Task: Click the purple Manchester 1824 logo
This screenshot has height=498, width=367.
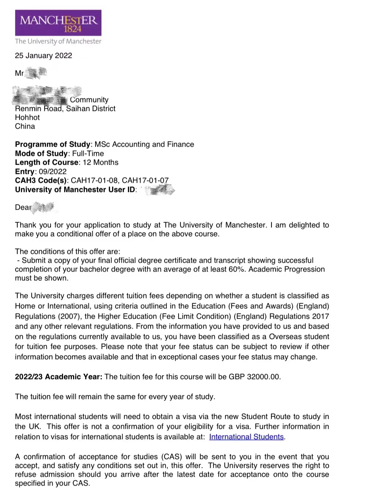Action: coord(58,23)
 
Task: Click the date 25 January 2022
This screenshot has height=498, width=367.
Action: coord(44,56)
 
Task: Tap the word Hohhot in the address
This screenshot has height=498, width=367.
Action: coord(27,118)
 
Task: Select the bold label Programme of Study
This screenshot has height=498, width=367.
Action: coord(53,144)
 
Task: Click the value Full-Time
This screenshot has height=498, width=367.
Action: coord(88,154)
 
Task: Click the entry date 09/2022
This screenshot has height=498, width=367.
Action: coord(53,172)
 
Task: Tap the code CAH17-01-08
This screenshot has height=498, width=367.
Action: coord(94,180)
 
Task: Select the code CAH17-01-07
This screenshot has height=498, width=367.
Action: coord(145,180)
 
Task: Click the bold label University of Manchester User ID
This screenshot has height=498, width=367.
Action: coord(75,190)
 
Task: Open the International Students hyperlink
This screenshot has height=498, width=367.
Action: coord(246,437)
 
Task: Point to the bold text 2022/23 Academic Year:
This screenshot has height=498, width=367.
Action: coord(58,377)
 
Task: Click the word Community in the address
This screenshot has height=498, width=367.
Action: coord(89,100)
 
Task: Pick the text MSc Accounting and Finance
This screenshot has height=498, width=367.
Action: coord(144,144)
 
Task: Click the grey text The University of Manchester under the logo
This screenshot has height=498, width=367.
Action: coord(58,41)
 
